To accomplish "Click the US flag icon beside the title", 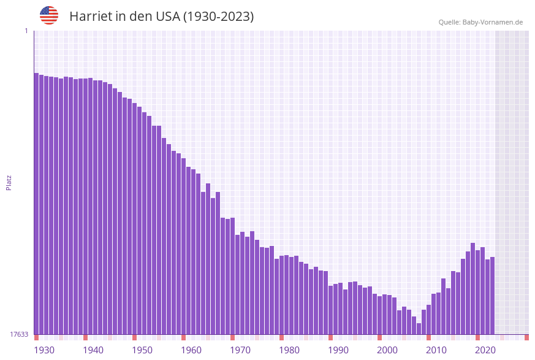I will (49, 15).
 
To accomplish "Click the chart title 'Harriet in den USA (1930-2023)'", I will (161, 17).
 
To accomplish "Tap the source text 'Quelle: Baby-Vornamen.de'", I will (480, 22).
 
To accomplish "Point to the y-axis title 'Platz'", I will (9, 182).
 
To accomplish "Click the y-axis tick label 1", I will (26, 31).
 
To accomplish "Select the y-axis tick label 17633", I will (19, 334).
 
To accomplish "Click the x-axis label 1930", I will (44, 350).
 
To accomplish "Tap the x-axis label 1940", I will (93, 350).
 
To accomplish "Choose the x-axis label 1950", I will (142, 350).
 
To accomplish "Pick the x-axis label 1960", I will (191, 350).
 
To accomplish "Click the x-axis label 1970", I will (240, 350).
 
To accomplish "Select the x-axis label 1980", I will (289, 350).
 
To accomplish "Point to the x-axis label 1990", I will (338, 350).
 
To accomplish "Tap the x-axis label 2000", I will (387, 350).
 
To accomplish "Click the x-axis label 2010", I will (436, 350).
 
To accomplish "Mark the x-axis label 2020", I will (485, 350).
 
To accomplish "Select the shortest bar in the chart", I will (419, 329).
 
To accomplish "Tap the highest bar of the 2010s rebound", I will (472, 288).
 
